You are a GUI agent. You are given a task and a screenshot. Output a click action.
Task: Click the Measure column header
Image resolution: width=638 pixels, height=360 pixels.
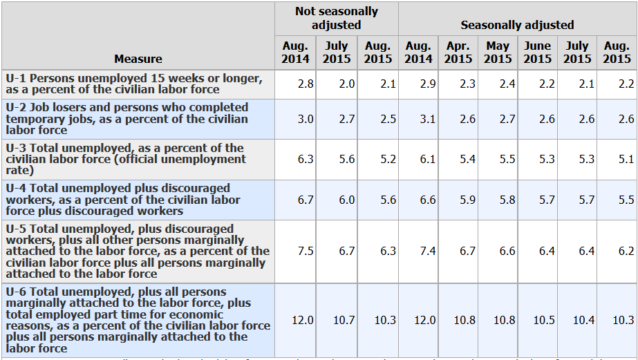point(138,59)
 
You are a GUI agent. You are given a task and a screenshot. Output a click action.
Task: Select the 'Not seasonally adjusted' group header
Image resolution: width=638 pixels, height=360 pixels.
point(337,19)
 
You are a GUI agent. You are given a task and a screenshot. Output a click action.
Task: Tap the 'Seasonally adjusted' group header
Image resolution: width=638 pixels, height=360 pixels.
point(517,25)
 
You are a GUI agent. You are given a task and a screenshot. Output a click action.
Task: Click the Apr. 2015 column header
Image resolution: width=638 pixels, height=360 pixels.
point(458,53)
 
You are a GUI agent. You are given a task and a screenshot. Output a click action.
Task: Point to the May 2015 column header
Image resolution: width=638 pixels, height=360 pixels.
point(498,53)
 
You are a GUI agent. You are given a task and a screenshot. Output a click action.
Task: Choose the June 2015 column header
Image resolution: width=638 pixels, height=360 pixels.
point(538,53)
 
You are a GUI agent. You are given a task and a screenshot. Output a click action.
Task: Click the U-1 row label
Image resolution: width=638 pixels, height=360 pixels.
point(133,84)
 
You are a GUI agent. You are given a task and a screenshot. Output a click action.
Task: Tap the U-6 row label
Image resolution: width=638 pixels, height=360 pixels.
point(138,320)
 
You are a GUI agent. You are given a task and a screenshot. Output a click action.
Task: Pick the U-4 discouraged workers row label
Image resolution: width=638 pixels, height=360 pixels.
point(123,200)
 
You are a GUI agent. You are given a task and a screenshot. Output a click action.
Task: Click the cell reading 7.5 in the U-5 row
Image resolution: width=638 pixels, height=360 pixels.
point(305,251)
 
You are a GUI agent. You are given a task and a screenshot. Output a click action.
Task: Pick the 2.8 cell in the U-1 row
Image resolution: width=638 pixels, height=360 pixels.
point(305,84)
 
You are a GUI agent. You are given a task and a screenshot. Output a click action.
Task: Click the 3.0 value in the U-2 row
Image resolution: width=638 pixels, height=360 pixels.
point(305,119)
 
